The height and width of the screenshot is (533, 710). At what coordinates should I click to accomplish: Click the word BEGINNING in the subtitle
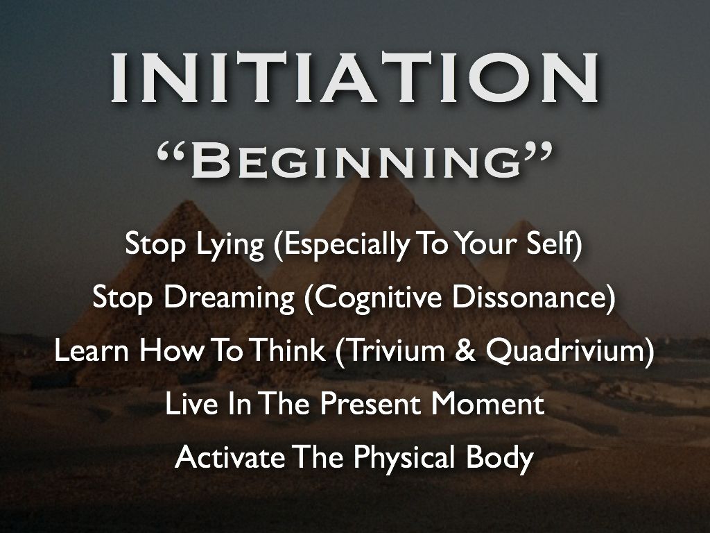pos(356,161)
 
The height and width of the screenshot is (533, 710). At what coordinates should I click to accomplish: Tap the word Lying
pos(230,246)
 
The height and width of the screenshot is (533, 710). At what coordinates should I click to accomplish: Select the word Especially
pos(342,246)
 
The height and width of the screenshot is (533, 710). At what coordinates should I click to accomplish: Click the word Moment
pos(487,404)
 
